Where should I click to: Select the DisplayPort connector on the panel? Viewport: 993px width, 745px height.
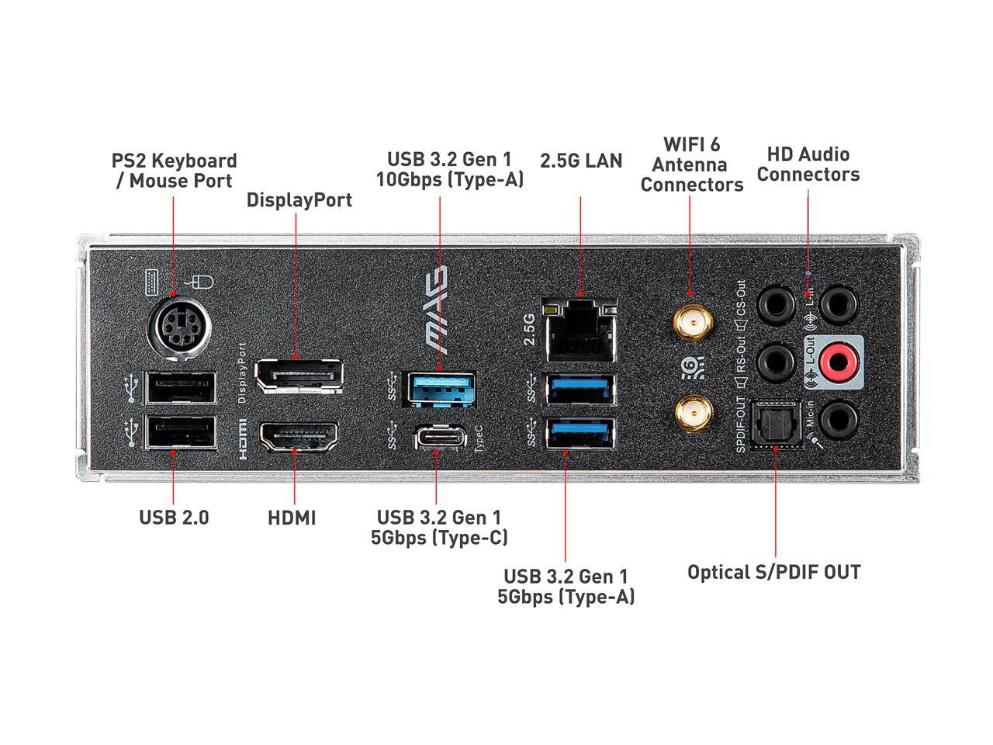(x=299, y=376)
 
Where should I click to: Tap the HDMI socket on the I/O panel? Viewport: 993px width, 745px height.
(x=299, y=437)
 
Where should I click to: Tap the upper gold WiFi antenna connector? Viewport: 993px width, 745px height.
(x=693, y=321)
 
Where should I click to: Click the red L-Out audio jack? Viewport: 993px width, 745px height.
(x=838, y=361)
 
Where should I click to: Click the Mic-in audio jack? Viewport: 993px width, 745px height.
(x=839, y=419)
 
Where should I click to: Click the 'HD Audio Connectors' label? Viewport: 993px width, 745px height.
(x=808, y=165)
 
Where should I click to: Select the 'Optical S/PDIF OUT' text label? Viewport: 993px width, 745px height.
(x=773, y=573)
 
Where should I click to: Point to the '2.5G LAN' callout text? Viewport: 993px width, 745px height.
(x=581, y=161)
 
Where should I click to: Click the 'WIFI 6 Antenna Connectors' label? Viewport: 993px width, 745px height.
(x=691, y=165)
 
